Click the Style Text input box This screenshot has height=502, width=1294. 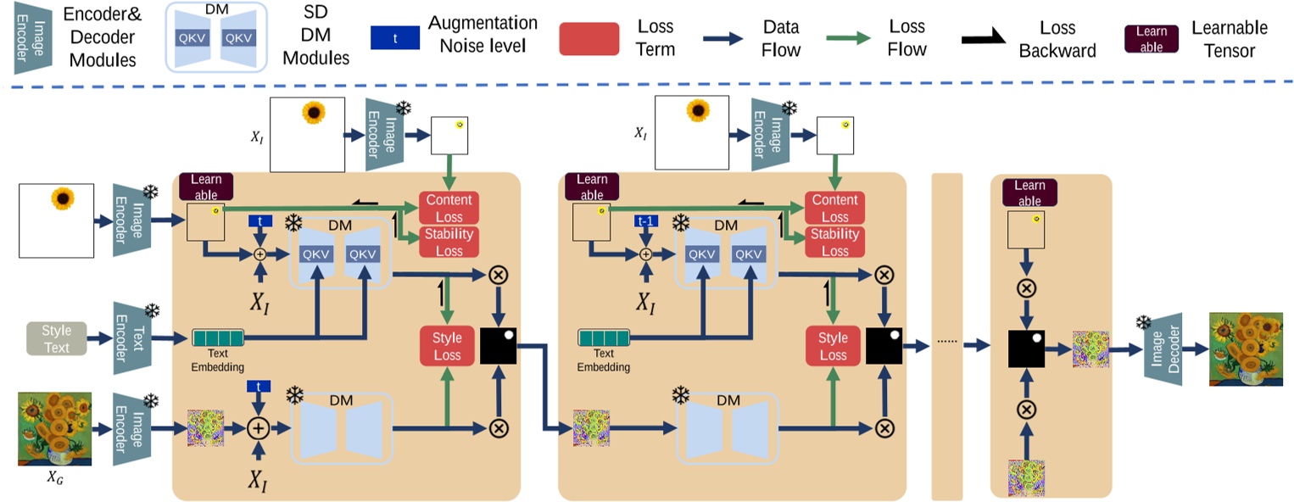[x=57, y=338]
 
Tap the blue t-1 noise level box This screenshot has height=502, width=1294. [x=645, y=220]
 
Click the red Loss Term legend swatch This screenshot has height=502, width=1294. [x=588, y=39]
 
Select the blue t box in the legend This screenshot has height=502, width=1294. [x=394, y=38]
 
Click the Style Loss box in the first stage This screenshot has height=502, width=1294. [x=447, y=347]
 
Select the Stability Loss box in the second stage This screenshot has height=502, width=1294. [x=834, y=243]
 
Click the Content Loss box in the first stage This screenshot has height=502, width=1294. [x=449, y=209]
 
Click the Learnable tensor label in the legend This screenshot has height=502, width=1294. [x=1152, y=39]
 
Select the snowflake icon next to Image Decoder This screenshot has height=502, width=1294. [x=1144, y=322]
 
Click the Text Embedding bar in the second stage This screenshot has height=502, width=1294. [x=603, y=338]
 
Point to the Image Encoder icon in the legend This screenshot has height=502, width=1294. [x=25, y=38]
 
